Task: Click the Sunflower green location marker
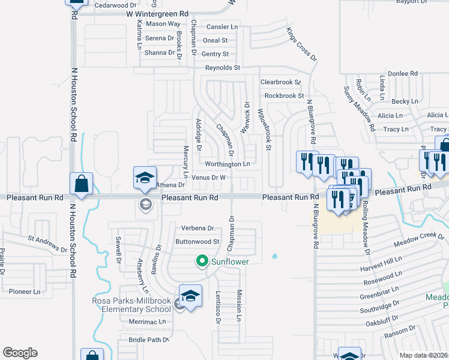[202, 261]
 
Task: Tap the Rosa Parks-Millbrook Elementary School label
[131, 305]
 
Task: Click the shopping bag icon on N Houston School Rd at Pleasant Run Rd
[81, 184]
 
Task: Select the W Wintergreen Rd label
[157, 13]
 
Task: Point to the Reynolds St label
[223, 68]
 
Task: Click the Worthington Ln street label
[227, 164]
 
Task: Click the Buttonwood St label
[196, 242]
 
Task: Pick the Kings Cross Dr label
[301, 44]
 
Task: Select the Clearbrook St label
[280, 82]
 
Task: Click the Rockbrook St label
[285, 95]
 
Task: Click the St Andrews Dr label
[48, 244]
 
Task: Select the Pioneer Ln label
[24, 292]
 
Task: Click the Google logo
[20, 353]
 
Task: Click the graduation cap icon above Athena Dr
[145, 178]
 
